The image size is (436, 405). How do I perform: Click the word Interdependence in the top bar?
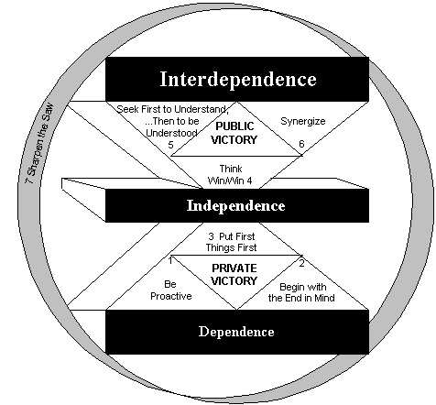238,80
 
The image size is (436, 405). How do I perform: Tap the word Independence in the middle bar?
236,205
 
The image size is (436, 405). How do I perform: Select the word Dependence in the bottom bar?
236,332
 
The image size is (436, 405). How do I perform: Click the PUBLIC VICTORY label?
234,133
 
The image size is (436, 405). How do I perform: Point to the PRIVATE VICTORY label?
234,274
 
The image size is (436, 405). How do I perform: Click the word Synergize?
303,122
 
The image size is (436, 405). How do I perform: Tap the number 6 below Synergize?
301,144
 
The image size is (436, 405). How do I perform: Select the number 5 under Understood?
170,145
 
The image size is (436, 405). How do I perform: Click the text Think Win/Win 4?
230,175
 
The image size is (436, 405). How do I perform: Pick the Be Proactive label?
171,290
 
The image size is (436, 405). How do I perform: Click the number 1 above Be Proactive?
170,261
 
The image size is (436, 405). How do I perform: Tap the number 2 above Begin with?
301,263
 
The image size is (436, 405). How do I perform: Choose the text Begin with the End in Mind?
301,292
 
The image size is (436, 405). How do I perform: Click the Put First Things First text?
231,242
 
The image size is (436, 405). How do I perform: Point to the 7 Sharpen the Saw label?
39,144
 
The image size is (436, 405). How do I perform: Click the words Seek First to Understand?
172,109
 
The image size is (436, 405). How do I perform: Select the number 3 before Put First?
211,236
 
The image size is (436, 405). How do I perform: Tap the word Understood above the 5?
171,133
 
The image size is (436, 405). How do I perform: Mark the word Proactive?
171,296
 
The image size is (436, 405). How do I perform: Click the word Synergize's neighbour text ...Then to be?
172,121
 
